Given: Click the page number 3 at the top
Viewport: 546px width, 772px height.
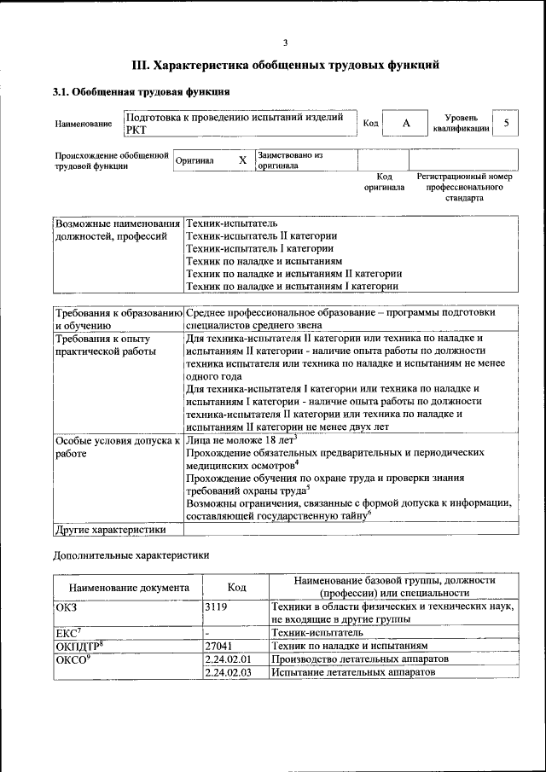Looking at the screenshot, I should pyautogui.click(x=286, y=43).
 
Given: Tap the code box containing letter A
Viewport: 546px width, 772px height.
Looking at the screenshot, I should pyautogui.click(x=406, y=124).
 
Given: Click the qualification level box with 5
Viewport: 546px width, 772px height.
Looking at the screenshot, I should pyautogui.click(x=507, y=124).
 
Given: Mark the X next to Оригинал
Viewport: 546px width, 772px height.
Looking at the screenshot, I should pyautogui.click(x=242, y=160).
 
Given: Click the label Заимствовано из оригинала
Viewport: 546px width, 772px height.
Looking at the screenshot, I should pyautogui.click(x=290, y=161).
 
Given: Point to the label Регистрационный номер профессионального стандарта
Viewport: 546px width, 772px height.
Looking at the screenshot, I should pyautogui.click(x=465, y=187).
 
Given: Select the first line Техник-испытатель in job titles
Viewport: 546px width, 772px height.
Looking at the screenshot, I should pyautogui.click(x=225, y=222).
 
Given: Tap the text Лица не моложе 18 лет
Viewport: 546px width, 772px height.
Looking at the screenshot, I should pyautogui.click(x=240, y=441).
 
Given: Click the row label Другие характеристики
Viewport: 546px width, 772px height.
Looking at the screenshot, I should pyautogui.click(x=110, y=529).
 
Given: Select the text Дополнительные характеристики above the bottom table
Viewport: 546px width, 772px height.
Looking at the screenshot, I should pyautogui.click(x=131, y=555).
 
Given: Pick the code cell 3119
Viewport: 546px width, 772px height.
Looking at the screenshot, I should pyautogui.click(x=218, y=606).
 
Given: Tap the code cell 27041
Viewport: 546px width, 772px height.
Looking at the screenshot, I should pyautogui.click(x=219, y=646).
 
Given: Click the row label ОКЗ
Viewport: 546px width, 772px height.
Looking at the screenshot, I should pyautogui.click(x=67, y=606).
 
